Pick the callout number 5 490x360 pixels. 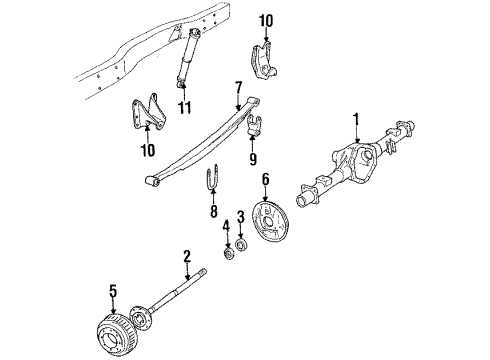[x=114, y=291]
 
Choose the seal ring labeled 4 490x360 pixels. [x=226, y=251]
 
